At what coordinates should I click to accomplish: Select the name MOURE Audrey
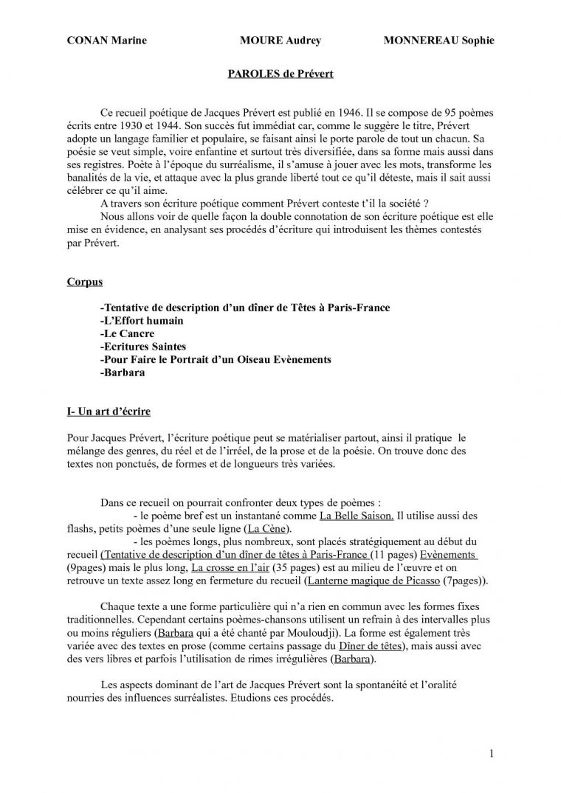280,40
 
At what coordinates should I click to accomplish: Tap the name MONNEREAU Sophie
439,40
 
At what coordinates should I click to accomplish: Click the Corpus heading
84,282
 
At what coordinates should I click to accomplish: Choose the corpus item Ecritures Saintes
142,347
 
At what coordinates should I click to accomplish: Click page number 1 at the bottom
492,753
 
